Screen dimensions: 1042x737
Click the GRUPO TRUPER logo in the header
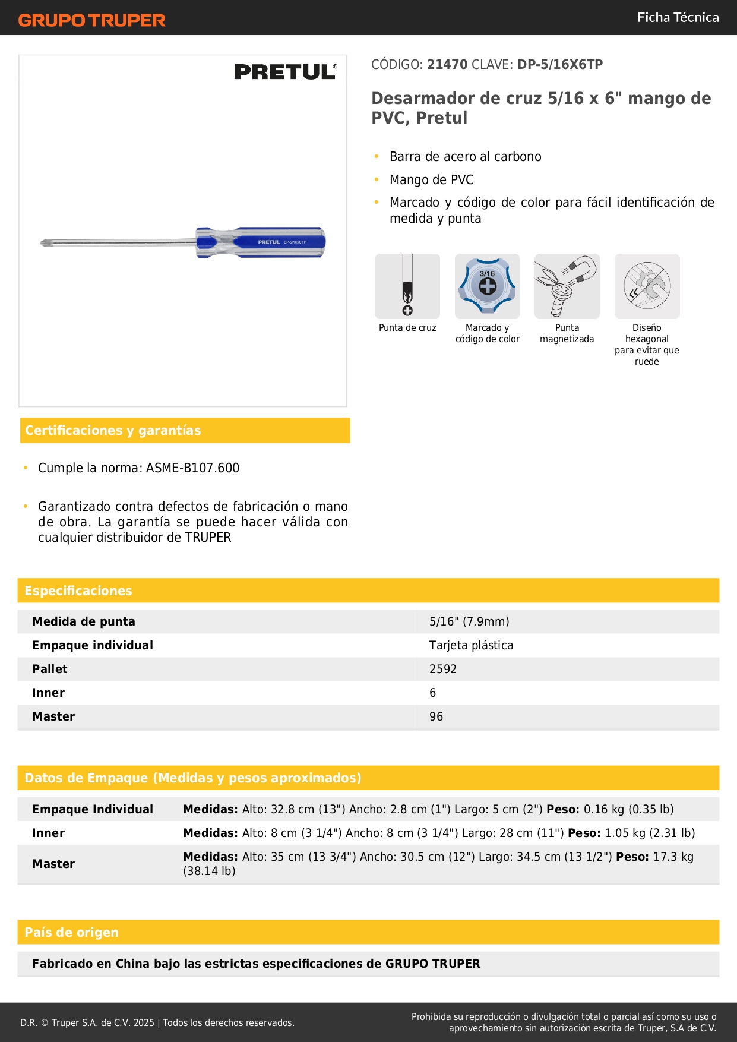(91, 20)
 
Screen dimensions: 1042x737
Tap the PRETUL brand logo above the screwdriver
(285, 72)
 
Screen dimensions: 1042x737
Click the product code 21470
(447, 65)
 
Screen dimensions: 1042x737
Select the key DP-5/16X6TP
(560, 65)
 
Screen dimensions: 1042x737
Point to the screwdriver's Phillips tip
(45, 242)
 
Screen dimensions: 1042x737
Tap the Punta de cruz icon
(407, 286)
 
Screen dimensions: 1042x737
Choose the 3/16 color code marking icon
(487, 286)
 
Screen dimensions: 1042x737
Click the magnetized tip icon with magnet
(567, 286)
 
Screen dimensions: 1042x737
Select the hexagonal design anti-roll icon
(647, 286)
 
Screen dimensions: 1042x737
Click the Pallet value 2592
(443, 669)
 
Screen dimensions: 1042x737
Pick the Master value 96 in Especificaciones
(436, 716)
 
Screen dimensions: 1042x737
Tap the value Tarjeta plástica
(471, 645)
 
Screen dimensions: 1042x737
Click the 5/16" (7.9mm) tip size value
(469, 621)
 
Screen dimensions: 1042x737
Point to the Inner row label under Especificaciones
(49, 693)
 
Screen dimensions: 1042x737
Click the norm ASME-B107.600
(192, 468)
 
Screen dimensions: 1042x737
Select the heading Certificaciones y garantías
(113, 431)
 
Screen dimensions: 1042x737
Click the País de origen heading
(71, 932)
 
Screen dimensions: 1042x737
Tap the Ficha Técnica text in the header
(678, 18)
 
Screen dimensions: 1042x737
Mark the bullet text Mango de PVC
(431, 180)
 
